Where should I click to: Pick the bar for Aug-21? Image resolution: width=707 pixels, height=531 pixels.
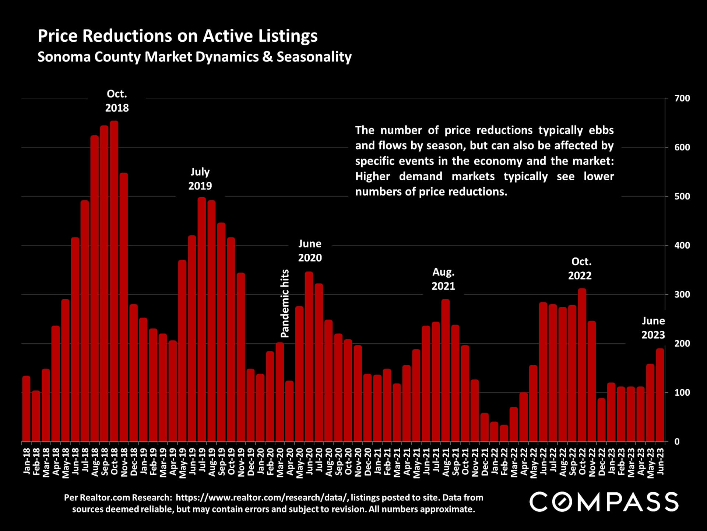446,370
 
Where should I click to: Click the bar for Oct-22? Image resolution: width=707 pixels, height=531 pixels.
582,365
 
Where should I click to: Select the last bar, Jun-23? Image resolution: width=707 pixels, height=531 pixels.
660,395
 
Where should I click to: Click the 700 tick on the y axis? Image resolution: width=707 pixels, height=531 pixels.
682,98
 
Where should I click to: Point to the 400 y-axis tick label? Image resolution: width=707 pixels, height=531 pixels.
682,246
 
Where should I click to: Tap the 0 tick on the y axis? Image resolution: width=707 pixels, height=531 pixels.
677,442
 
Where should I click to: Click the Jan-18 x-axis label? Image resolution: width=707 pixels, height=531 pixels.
27,461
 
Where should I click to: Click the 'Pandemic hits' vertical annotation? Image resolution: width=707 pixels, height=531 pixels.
285,303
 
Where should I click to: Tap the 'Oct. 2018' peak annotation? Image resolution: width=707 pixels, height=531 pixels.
117,101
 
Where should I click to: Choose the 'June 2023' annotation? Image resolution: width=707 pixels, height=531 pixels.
653,328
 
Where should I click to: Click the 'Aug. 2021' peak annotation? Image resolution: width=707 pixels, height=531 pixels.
443,279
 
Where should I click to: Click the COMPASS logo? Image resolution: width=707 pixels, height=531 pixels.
604,502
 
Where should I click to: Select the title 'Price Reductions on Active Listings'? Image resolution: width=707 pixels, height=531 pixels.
177,36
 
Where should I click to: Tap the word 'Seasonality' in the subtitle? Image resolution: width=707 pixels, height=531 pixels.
314,57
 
